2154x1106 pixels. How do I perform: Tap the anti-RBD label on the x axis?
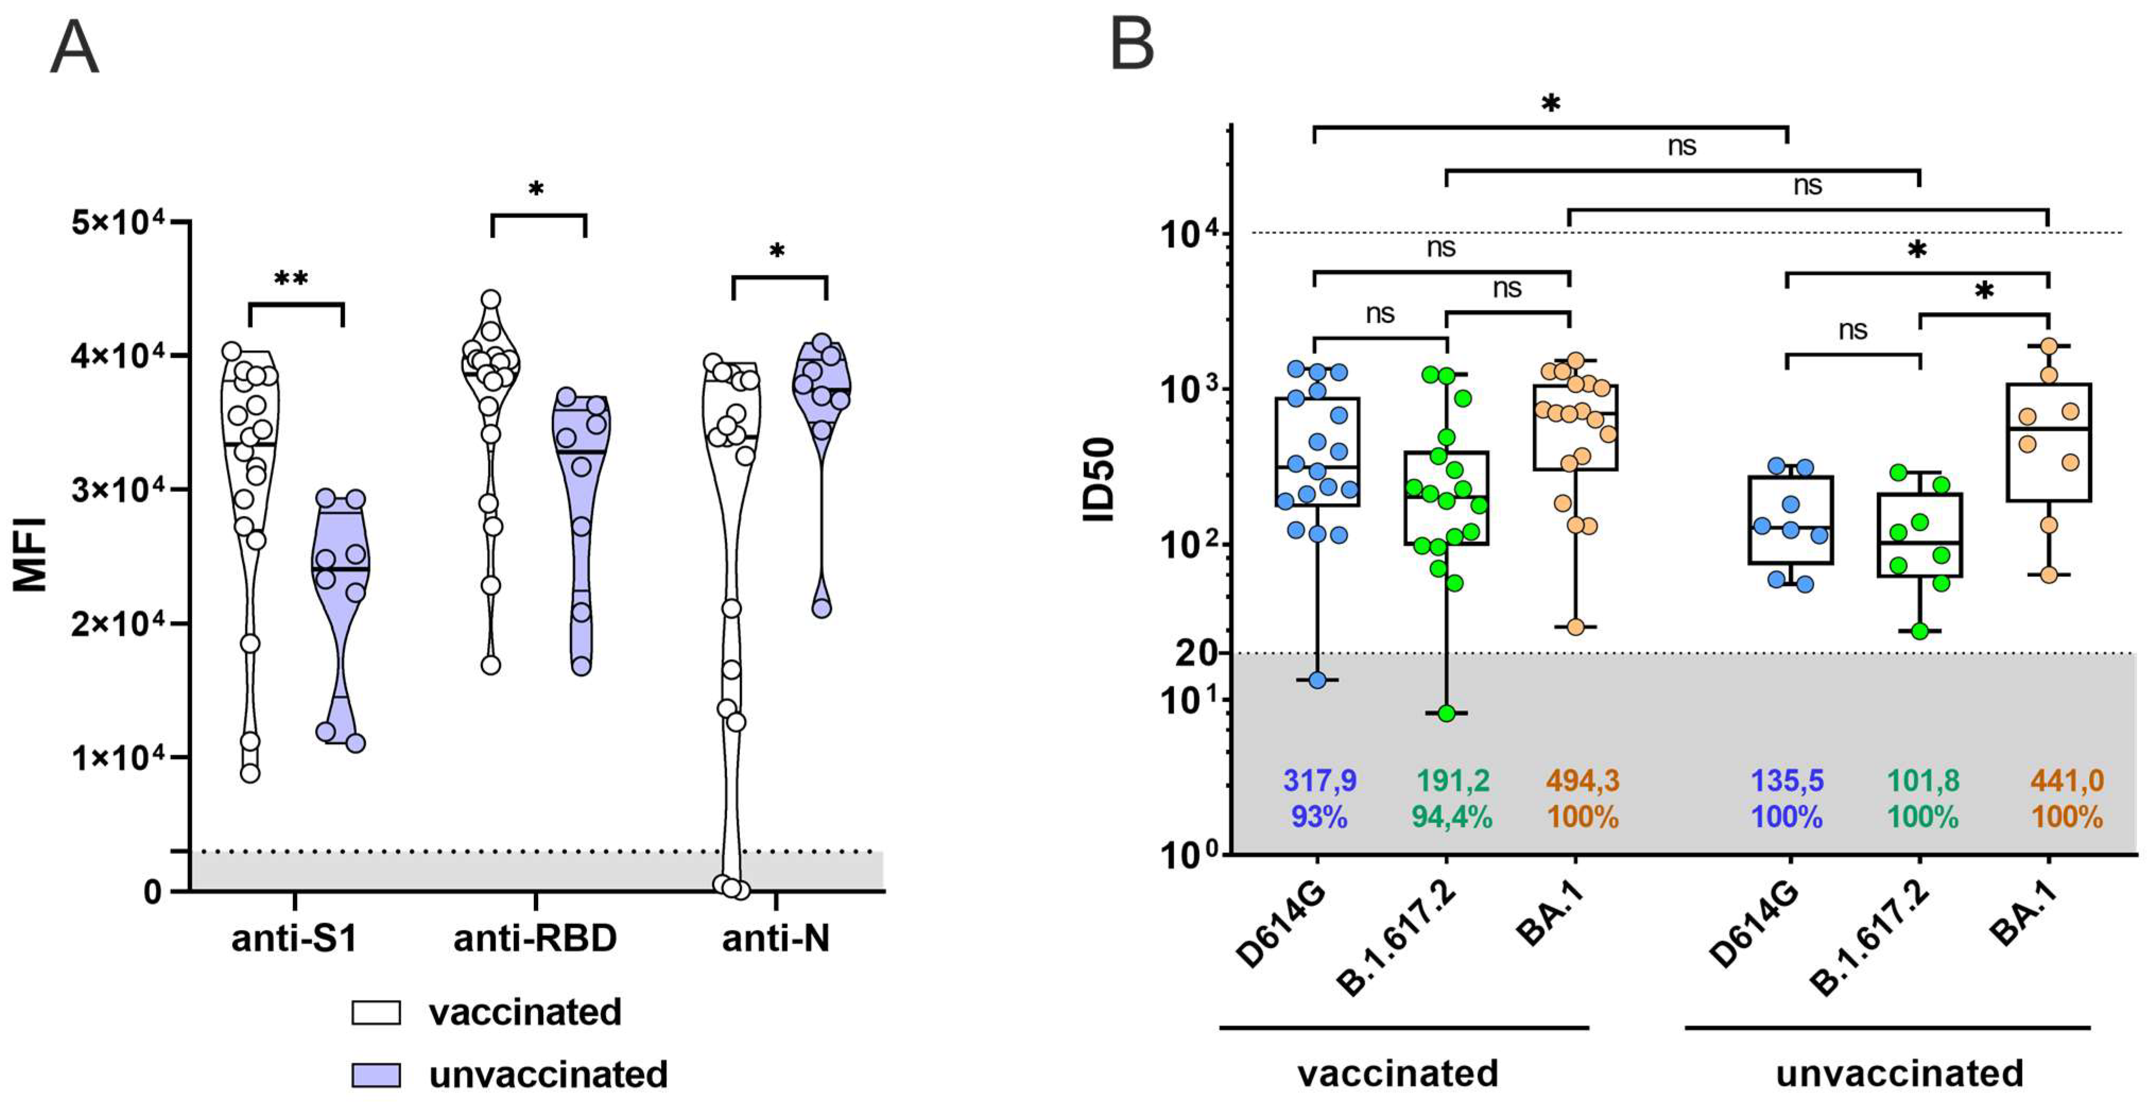pos(535,938)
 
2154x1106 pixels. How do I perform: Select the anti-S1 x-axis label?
pos(295,938)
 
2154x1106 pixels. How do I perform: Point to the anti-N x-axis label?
pos(776,938)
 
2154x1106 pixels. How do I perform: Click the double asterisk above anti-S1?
pos(291,279)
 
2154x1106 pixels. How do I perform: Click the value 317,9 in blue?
pos(1319,781)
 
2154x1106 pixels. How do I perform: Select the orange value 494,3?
pos(1582,781)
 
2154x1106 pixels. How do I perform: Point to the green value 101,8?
pos(1923,781)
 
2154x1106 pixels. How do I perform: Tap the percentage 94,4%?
pos(1451,817)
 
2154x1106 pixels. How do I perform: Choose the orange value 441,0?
pos(2067,781)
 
